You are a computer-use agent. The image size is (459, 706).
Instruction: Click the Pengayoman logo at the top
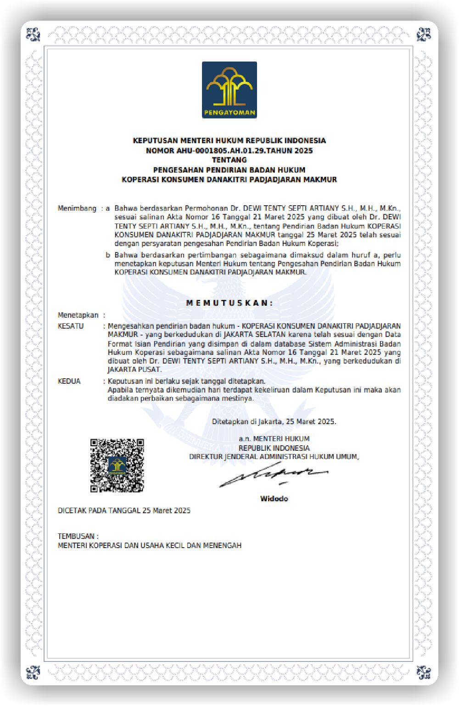[x=229, y=90]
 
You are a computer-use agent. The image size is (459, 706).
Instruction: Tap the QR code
[x=117, y=465]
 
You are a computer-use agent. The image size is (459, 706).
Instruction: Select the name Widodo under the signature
[x=274, y=499]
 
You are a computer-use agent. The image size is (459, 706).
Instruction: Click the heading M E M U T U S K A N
[x=229, y=303]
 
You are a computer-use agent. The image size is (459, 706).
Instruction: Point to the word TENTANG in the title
[x=229, y=160]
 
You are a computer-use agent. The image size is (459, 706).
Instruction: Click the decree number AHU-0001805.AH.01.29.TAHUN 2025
[x=244, y=151]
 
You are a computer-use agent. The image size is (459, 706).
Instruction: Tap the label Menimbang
[x=77, y=208]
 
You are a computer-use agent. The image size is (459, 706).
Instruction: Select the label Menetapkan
[x=78, y=315]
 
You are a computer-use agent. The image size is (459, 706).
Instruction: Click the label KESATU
[x=71, y=326]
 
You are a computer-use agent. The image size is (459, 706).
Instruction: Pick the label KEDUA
[x=69, y=381]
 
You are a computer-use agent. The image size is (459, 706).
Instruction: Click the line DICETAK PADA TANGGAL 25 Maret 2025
[x=124, y=510]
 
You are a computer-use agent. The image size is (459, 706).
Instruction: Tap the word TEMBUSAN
[x=76, y=536]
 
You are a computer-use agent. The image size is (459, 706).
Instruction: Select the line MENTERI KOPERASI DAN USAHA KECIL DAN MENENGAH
[x=150, y=545]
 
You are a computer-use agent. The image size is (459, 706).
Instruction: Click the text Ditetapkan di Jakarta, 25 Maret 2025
[x=274, y=421]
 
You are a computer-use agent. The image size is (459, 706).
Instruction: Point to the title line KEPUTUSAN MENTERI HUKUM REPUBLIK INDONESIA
[x=229, y=140]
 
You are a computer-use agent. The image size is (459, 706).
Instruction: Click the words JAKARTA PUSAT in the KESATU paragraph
[x=134, y=370]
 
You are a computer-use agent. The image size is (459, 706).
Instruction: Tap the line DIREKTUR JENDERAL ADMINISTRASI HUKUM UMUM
[x=274, y=457]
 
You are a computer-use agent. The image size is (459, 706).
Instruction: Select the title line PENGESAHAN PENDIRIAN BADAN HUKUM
[x=229, y=170]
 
